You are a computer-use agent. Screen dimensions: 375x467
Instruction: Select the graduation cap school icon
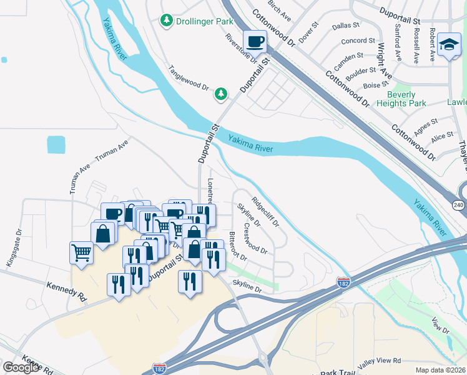[448, 45]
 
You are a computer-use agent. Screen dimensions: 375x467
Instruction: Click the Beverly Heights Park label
[402, 99]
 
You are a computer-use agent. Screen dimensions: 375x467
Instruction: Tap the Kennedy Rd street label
[66, 292]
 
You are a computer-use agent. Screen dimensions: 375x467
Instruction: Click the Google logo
[21, 367]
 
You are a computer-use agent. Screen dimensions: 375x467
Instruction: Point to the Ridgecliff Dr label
[265, 212]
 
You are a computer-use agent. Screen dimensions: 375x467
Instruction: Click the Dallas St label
[346, 26]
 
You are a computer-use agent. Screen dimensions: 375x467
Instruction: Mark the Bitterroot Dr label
[240, 247]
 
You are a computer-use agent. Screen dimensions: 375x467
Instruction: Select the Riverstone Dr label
[240, 47]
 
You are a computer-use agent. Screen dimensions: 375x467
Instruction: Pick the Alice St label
[442, 136]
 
